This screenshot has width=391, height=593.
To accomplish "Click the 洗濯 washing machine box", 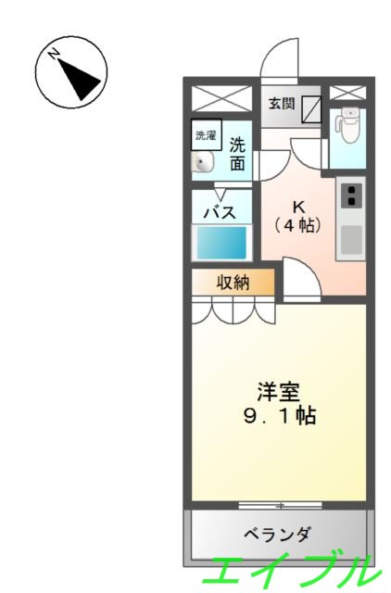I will click(206, 136).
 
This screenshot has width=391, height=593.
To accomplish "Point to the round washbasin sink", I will click(204, 164).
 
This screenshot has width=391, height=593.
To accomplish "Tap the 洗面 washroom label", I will click(238, 155).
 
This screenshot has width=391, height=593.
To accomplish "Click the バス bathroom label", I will click(220, 212).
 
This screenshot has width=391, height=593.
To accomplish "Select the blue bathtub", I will click(221, 243).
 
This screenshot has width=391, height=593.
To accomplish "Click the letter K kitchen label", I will click(298, 206).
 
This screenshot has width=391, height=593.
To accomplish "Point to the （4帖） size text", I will click(298, 224).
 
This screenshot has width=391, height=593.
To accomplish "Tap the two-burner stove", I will click(351, 196).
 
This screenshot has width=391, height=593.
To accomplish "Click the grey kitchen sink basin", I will click(351, 238).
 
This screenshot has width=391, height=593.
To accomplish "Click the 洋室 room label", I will click(279, 391).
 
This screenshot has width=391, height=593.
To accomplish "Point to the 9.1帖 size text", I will click(279, 416).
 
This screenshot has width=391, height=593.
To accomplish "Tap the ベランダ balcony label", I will click(278, 535).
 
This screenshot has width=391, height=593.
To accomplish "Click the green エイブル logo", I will click(295, 570).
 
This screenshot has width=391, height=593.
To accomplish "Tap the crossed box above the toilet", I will click(348, 92).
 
